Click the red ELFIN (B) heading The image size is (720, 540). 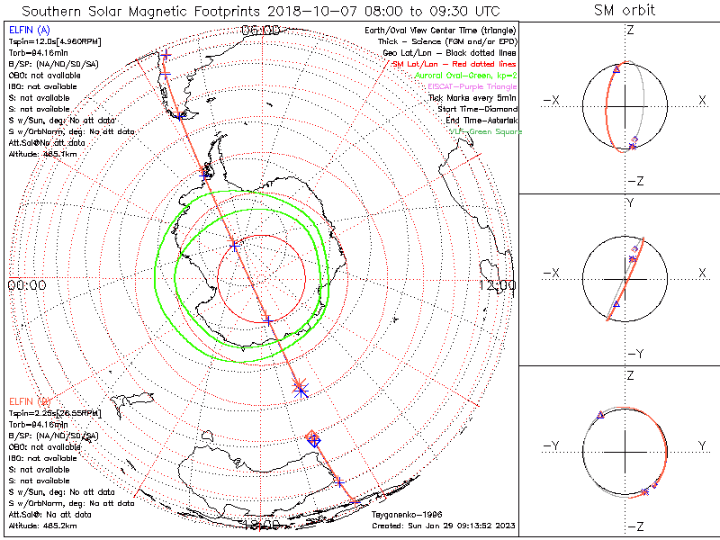tap(29, 400)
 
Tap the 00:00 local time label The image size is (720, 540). tap(26, 285)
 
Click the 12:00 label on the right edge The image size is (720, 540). tap(498, 285)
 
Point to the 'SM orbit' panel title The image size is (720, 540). tap(625, 11)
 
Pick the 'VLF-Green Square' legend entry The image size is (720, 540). tap(485, 131)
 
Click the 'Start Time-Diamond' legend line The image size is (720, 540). tap(476, 110)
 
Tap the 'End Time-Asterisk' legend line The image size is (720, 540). tap(481, 121)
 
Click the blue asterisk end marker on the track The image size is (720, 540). tap(301, 388)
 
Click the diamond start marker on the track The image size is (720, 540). tap(313, 438)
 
